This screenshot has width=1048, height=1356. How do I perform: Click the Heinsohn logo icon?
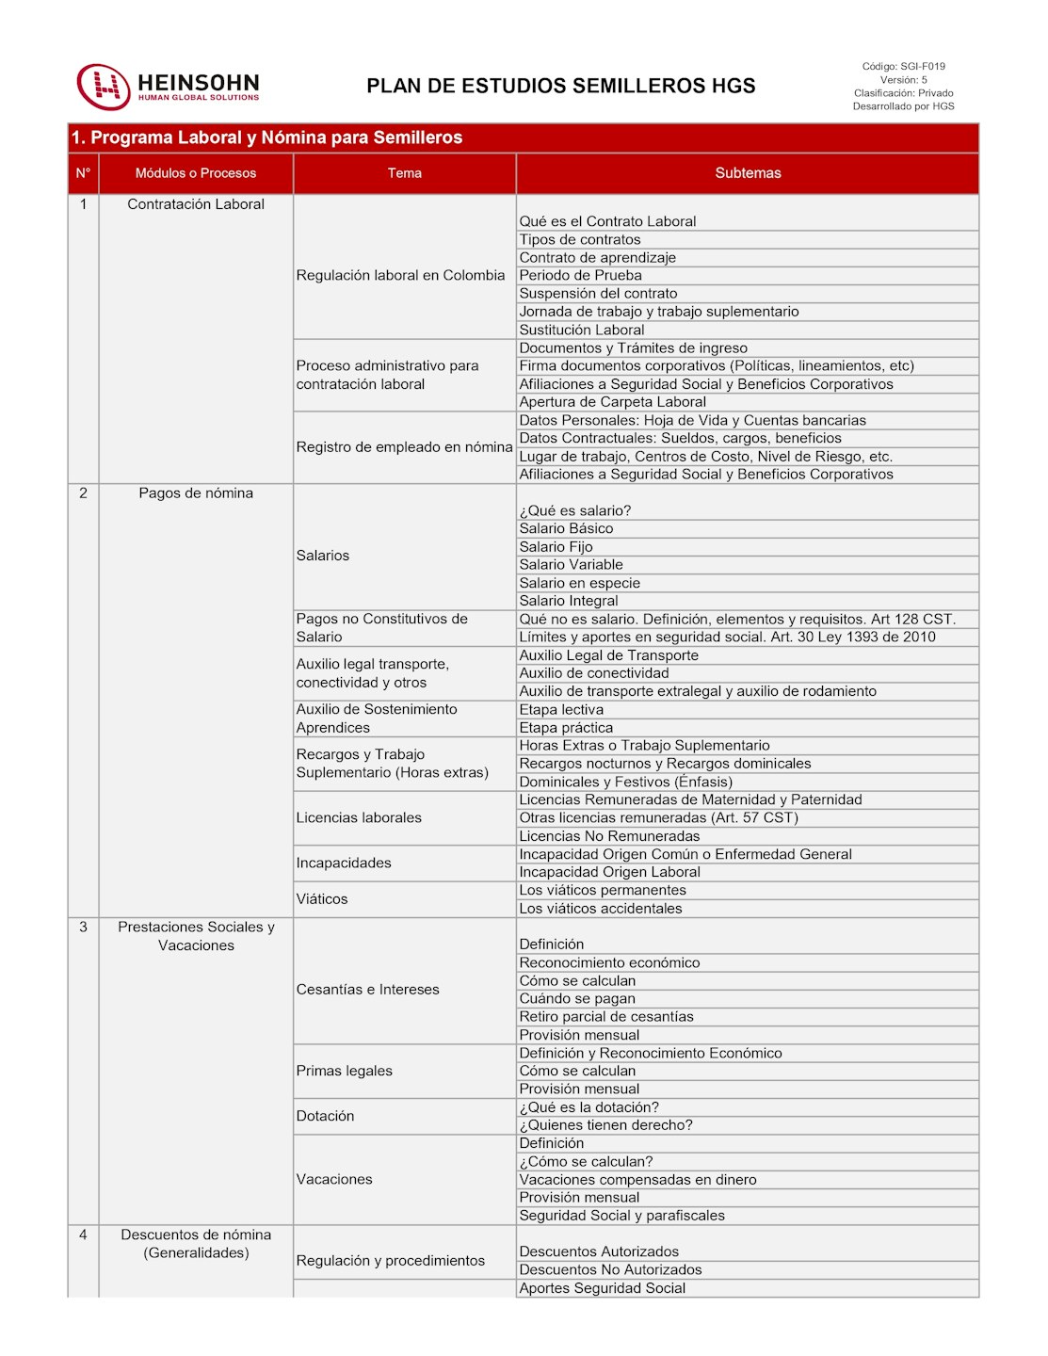pos(103,87)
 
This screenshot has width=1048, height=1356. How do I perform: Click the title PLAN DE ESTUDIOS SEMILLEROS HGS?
pos(560,87)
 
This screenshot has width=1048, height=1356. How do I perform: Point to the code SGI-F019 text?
pos(903,67)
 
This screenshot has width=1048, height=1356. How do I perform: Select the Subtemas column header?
pos(748,173)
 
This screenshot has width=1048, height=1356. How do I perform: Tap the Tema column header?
pos(404,173)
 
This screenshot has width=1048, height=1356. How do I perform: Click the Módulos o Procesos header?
pos(196,173)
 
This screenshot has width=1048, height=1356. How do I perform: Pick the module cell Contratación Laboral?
pos(196,204)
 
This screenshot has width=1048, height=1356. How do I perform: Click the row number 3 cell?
pos(83,928)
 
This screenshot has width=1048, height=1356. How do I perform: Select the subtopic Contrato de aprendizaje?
pos(597,258)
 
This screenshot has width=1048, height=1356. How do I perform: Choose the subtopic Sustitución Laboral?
pos(582,331)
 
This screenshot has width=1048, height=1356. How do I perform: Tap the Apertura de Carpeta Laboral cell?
pos(612,402)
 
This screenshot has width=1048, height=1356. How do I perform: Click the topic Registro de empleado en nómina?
pos(404,447)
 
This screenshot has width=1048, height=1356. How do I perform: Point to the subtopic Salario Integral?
pos(569,601)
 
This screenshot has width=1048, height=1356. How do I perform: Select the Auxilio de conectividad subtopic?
pos(594,673)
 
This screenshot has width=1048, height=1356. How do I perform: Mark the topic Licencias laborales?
pos(359,818)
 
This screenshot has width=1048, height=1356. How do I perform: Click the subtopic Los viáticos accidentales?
pos(601,909)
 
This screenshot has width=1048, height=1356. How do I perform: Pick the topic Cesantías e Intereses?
pos(367,990)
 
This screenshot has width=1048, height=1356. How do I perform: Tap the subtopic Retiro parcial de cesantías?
pos(606,1017)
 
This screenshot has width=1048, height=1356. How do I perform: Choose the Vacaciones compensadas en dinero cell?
pos(637,1180)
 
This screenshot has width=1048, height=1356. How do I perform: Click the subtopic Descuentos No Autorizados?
pos(610,1270)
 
